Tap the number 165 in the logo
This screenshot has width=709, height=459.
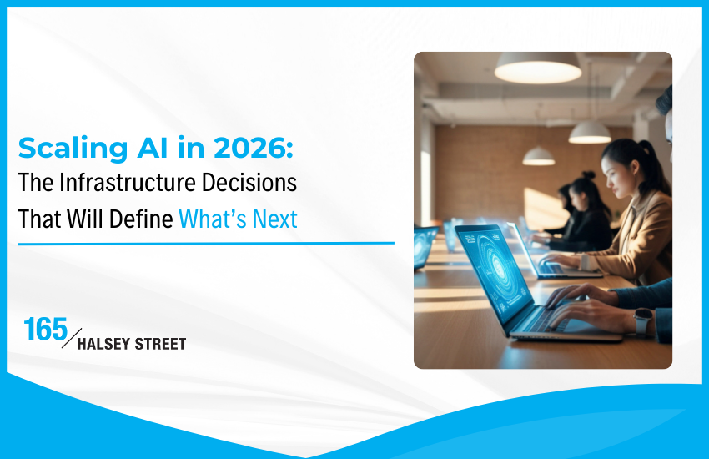click(46, 329)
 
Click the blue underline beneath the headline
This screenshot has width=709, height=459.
click(206, 243)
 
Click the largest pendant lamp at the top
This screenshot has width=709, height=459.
click(537, 68)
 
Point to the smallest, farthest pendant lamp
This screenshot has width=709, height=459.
click(538, 156)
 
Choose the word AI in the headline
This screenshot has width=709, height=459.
click(148, 149)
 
